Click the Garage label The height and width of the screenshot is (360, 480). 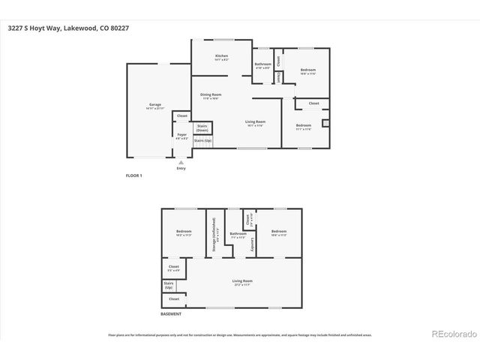click(155, 104)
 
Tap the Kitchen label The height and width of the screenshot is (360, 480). click(221, 56)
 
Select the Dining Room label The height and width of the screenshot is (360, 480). click(211, 95)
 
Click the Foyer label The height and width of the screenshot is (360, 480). click(182, 135)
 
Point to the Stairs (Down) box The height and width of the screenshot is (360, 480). click(202, 129)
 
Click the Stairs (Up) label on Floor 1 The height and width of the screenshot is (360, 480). click(202, 140)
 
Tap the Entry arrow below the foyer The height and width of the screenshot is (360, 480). click(181, 161)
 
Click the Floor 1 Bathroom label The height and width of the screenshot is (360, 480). click(262, 64)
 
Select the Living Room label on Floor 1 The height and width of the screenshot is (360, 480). click(256, 121)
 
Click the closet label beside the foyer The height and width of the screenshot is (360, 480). click(182, 115)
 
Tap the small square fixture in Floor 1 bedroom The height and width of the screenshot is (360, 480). click(325, 124)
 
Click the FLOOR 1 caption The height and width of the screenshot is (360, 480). click(133, 175)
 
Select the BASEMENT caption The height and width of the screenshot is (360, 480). click(171, 314)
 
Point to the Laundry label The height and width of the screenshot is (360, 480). click(253, 243)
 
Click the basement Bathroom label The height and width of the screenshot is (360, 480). click(238, 233)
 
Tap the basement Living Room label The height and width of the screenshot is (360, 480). click(242, 282)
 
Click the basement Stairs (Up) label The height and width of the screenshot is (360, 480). click(169, 286)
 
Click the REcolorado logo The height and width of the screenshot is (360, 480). click(451, 334)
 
